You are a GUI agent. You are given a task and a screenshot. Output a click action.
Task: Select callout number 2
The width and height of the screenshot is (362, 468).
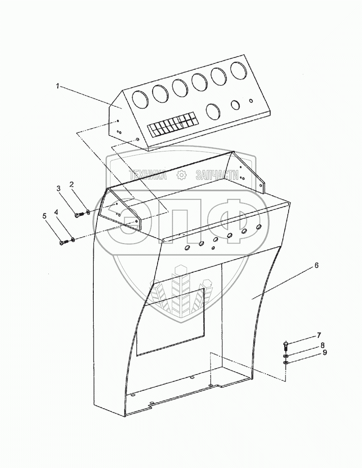71,184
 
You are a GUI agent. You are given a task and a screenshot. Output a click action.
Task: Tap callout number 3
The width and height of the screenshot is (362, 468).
58,188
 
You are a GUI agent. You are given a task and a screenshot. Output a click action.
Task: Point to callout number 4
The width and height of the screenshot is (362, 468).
56,212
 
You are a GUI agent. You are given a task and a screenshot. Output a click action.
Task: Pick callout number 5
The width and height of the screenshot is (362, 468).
45,216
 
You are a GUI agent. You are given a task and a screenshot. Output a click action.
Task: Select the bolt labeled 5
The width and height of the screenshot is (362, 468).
63,243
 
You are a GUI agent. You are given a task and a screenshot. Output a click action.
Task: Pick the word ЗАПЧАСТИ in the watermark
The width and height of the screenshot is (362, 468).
216,174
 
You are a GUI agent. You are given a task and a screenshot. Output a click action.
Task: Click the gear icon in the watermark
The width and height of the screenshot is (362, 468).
181,174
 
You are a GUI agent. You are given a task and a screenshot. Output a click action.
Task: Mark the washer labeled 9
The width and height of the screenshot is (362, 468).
286,363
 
